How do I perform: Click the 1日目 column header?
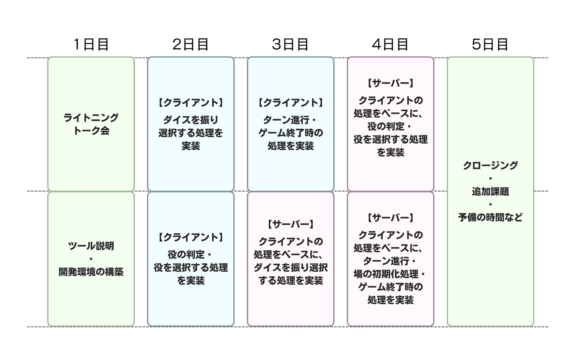click(x=91, y=44)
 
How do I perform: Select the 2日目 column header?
click(x=190, y=44)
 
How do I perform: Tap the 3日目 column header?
click(x=290, y=44)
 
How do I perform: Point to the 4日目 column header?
click(x=390, y=44)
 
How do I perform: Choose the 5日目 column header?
click(x=490, y=44)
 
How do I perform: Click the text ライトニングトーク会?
click(x=91, y=124)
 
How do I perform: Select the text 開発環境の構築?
click(x=91, y=272)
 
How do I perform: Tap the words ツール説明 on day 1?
click(x=91, y=246)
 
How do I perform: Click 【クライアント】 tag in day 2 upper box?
click(x=190, y=102)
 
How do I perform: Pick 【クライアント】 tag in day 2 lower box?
click(x=190, y=237)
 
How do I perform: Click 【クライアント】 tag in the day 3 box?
click(x=290, y=102)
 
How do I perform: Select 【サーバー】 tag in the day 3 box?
click(x=290, y=224)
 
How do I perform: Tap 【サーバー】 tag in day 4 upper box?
click(x=390, y=83)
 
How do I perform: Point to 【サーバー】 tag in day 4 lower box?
click(x=390, y=218)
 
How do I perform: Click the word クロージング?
click(x=490, y=165)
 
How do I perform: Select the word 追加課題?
click(x=490, y=191)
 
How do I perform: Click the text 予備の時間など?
click(x=490, y=217)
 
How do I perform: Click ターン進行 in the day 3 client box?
click(x=286, y=120)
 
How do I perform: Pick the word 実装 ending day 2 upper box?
click(x=190, y=146)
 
